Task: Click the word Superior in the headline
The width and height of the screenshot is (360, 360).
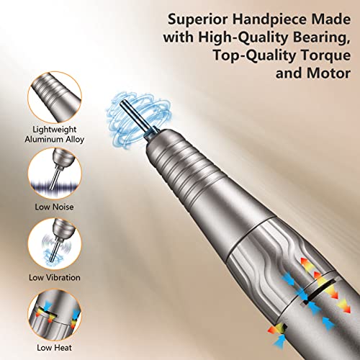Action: [x=198, y=19]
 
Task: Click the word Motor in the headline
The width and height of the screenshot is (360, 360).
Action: [x=328, y=73]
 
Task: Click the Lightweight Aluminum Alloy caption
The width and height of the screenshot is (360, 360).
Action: [x=55, y=135]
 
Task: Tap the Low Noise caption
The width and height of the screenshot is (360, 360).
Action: [x=54, y=207]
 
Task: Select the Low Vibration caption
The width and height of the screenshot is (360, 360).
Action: [x=55, y=278]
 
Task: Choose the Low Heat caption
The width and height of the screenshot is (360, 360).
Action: [x=54, y=348]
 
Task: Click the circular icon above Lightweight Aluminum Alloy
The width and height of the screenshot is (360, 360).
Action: [x=55, y=97]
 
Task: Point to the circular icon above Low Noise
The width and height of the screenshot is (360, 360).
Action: [x=55, y=174]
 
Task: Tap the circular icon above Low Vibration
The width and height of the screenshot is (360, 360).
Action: [x=55, y=244]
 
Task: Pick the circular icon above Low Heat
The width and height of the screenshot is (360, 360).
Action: [x=55, y=315]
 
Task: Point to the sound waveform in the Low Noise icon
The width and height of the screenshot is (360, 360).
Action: [x=55, y=185]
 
